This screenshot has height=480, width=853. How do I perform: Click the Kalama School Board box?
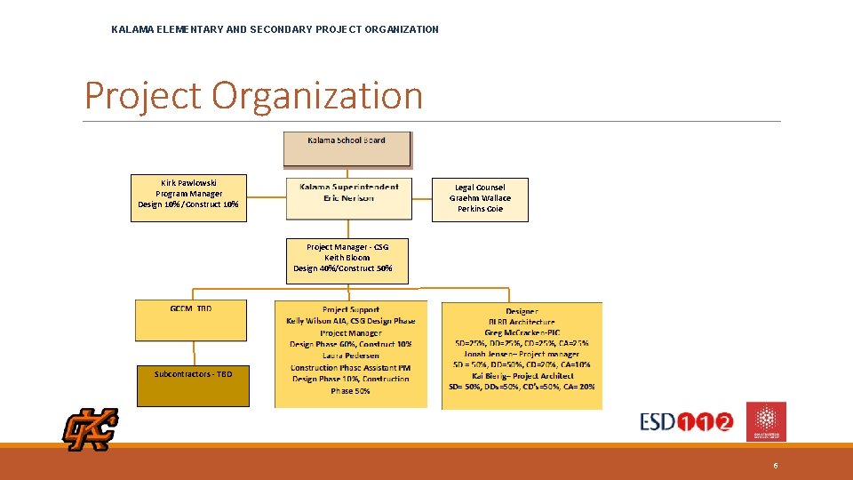(x=347, y=149)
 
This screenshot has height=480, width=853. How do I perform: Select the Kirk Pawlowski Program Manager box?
(x=187, y=197)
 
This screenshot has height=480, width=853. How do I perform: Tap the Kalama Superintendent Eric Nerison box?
(x=349, y=197)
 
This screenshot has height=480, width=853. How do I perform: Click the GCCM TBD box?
(x=191, y=320)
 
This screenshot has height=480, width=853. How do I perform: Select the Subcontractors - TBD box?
(x=193, y=385)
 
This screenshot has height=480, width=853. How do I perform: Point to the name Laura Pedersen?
(x=350, y=356)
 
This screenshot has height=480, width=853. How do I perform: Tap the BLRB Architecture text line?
(x=522, y=322)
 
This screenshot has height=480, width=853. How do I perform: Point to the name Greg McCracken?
(x=513, y=332)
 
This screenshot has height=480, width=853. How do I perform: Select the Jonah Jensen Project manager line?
(x=522, y=354)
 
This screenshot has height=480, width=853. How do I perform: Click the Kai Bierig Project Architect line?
(x=522, y=376)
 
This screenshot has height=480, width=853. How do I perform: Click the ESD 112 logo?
(x=687, y=421)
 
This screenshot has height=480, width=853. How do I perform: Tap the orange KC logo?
(x=90, y=430)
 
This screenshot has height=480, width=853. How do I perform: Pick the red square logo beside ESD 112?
(x=766, y=420)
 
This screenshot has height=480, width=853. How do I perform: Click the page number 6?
(x=776, y=466)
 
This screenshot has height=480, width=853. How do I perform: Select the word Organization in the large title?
(x=317, y=96)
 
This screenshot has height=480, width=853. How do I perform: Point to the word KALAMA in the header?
(x=132, y=29)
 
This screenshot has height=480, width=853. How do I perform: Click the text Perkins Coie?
(x=480, y=210)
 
